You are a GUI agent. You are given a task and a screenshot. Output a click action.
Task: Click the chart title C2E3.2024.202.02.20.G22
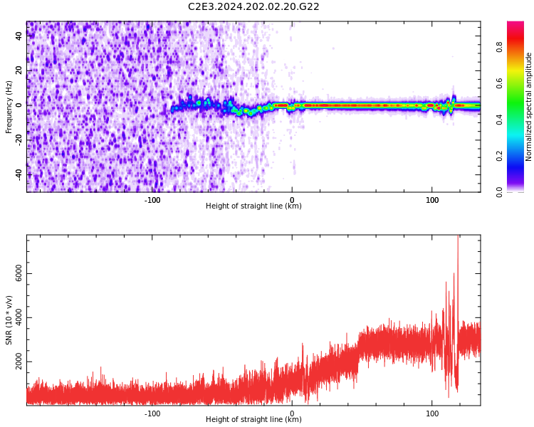pos(253,6)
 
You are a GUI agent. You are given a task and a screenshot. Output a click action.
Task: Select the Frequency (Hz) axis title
pos(9,107)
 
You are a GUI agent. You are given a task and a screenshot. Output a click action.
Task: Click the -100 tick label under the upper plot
pos(152,200)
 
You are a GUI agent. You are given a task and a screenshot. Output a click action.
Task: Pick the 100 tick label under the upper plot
pos(432,200)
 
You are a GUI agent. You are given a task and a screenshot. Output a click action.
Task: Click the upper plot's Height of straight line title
pos(253,206)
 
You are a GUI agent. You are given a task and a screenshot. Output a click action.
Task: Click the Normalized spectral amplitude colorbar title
pos(529,107)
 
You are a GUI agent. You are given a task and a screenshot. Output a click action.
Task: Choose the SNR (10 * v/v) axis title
pos(9,320)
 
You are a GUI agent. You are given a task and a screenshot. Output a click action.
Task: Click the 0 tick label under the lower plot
pos(292,413)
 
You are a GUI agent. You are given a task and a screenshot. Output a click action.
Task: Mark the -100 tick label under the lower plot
pos(152,413)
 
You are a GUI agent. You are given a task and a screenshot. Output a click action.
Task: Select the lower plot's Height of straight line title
pos(253,420)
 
